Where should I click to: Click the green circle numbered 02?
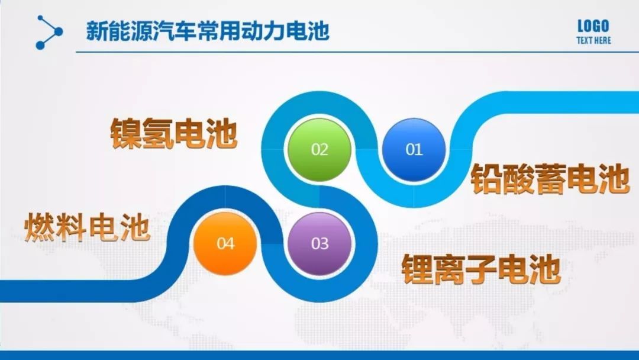[x=319, y=150]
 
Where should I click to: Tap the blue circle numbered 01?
[x=414, y=150]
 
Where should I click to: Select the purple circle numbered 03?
[x=319, y=243]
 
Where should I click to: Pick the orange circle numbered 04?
[x=225, y=243]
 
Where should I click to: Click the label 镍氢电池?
[x=173, y=133]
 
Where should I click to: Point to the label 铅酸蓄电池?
[x=551, y=179]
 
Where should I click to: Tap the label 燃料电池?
[x=87, y=227]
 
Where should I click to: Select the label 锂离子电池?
[x=482, y=269]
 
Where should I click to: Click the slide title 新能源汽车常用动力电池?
[x=208, y=31]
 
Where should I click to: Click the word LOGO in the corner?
[x=593, y=26]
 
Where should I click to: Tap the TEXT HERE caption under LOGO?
[x=594, y=40]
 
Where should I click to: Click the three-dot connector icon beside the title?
[x=49, y=32]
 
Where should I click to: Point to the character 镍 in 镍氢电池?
[x=126, y=133]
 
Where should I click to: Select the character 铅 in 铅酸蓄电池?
[x=486, y=179]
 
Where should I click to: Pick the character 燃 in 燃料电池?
[x=40, y=228]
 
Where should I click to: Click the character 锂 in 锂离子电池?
[x=417, y=269]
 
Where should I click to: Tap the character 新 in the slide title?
[x=96, y=31]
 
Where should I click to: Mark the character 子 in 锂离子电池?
[x=482, y=269]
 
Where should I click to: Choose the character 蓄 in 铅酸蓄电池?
[x=551, y=179]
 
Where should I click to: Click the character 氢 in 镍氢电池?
[x=158, y=133]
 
